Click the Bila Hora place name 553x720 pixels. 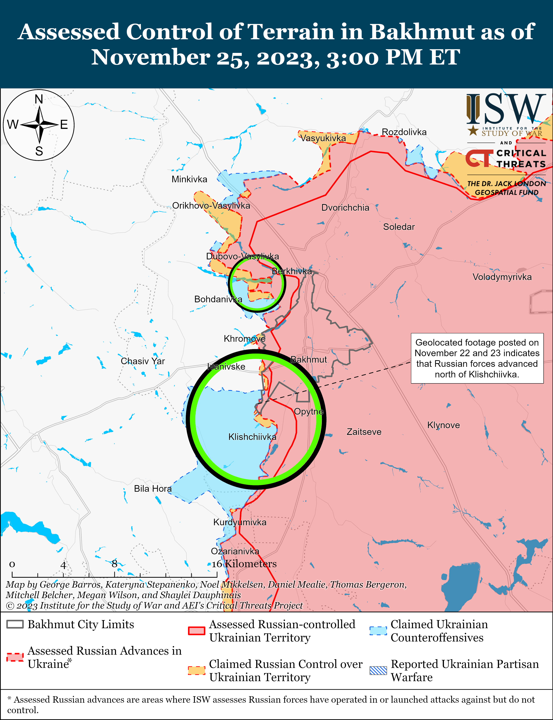[152, 489]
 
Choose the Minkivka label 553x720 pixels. [189, 179]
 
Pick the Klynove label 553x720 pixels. [443, 425]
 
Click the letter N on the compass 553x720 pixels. [39, 99]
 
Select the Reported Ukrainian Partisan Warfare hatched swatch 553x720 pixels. [378, 670]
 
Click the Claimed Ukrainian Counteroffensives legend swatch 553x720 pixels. [378, 630]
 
